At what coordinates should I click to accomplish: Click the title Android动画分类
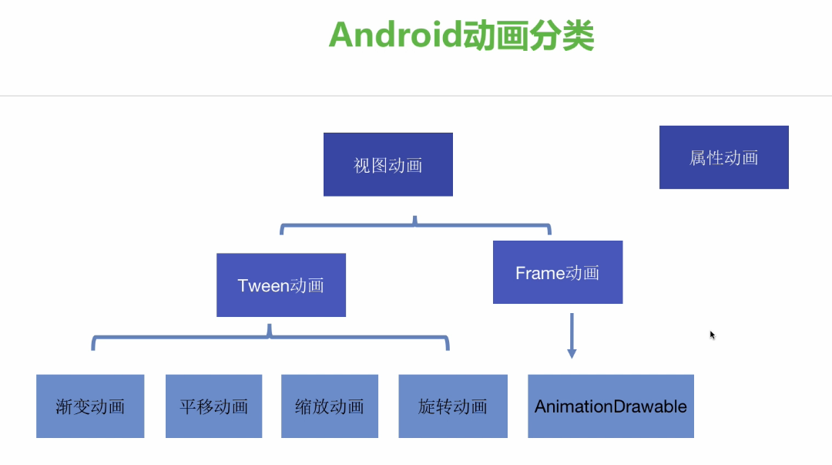pyautogui.click(x=461, y=35)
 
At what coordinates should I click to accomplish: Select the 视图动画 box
pyautogui.click(x=387, y=164)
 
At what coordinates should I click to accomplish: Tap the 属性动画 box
pyautogui.click(x=723, y=157)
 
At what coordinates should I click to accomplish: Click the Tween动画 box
pyautogui.click(x=280, y=285)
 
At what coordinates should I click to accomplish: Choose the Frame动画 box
pyautogui.click(x=557, y=272)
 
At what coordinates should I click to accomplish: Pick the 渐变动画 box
pyautogui.click(x=90, y=406)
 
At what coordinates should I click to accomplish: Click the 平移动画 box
pyautogui.click(x=213, y=406)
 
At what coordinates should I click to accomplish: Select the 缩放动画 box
pyautogui.click(x=329, y=406)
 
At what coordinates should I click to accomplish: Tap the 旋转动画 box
pyautogui.click(x=453, y=406)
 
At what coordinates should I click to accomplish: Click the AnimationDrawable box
pyautogui.click(x=610, y=406)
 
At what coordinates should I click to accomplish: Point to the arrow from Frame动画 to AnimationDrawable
pyautogui.click(x=571, y=332)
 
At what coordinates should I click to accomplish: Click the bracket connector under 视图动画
pyautogui.click(x=415, y=226)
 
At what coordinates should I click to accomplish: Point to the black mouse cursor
pyautogui.click(x=713, y=335)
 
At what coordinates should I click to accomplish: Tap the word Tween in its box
pyautogui.click(x=263, y=285)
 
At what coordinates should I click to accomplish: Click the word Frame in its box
pyautogui.click(x=540, y=273)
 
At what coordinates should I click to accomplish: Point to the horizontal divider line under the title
pyautogui.click(x=416, y=96)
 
